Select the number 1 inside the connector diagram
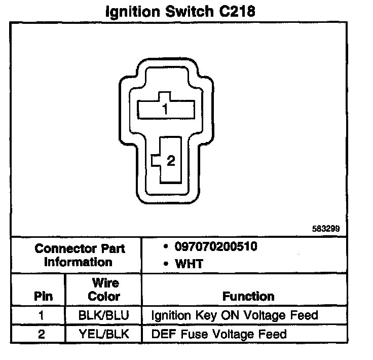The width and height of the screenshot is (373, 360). pos(165,108)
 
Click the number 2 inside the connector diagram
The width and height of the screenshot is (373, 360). pos(171,161)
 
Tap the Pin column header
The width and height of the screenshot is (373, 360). pos(43,296)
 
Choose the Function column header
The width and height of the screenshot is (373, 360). pos(248,296)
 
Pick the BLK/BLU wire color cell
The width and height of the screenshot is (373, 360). pos(104,315)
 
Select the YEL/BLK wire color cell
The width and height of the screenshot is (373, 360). pos(104,334)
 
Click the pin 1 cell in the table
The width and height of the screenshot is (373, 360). pos(42,315)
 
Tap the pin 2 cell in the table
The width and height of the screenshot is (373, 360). pos(42,334)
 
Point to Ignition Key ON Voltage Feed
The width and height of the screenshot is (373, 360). pos(235,315)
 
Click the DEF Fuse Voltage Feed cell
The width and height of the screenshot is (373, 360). pos(219,334)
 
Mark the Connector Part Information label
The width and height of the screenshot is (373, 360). pos(80,255)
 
